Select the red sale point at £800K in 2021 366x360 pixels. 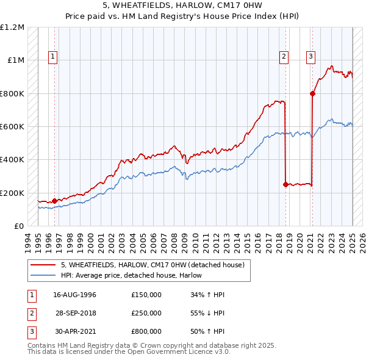(312, 93)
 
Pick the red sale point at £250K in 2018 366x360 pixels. (285, 184)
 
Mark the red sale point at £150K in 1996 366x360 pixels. (54, 201)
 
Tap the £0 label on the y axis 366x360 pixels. (18, 226)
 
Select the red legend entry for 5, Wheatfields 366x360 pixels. (152, 265)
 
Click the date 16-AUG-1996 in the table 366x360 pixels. (75, 295)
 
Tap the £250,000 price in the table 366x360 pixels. (146, 313)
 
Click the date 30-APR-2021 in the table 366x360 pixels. (75, 331)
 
